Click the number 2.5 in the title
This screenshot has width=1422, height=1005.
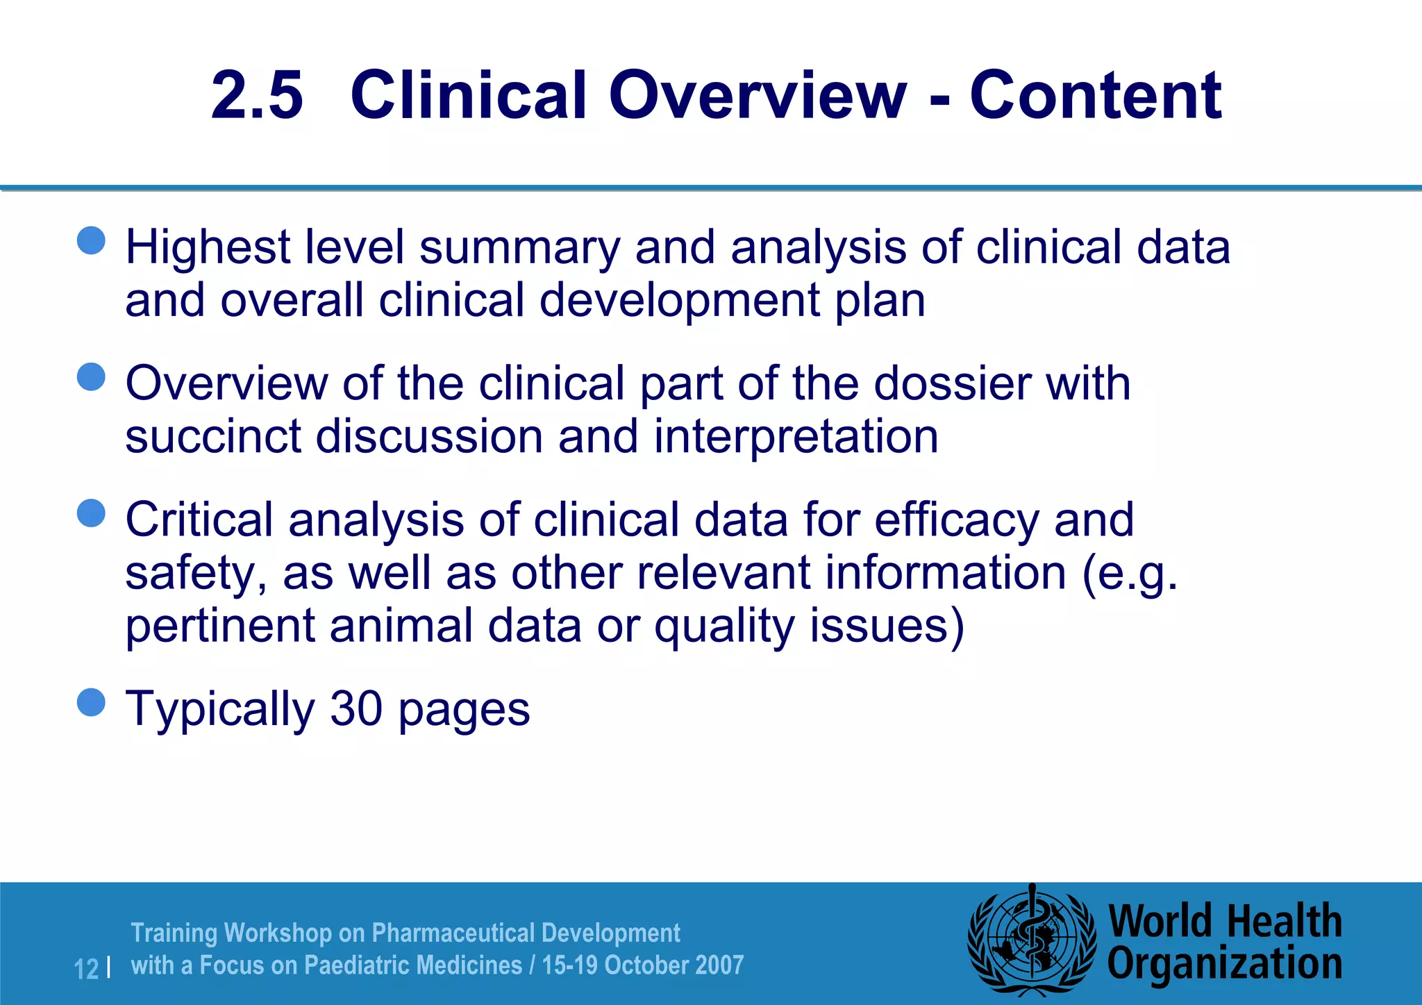(x=257, y=95)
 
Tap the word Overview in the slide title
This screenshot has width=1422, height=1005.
(x=758, y=95)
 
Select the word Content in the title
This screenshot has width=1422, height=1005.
(x=1095, y=95)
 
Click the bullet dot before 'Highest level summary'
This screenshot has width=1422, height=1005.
(x=91, y=240)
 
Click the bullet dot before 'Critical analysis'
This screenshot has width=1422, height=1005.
(x=91, y=513)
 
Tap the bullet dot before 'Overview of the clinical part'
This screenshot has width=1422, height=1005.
(x=91, y=376)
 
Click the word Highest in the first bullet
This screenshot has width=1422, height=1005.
(x=208, y=248)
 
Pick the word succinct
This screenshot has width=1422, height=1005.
(x=212, y=437)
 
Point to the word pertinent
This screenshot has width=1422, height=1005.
(x=220, y=626)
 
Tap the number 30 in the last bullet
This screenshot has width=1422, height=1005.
(x=355, y=709)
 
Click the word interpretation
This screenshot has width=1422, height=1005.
(x=796, y=438)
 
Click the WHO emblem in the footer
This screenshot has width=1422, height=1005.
(x=1032, y=942)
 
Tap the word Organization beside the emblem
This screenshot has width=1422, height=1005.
(x=1224, y=964)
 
